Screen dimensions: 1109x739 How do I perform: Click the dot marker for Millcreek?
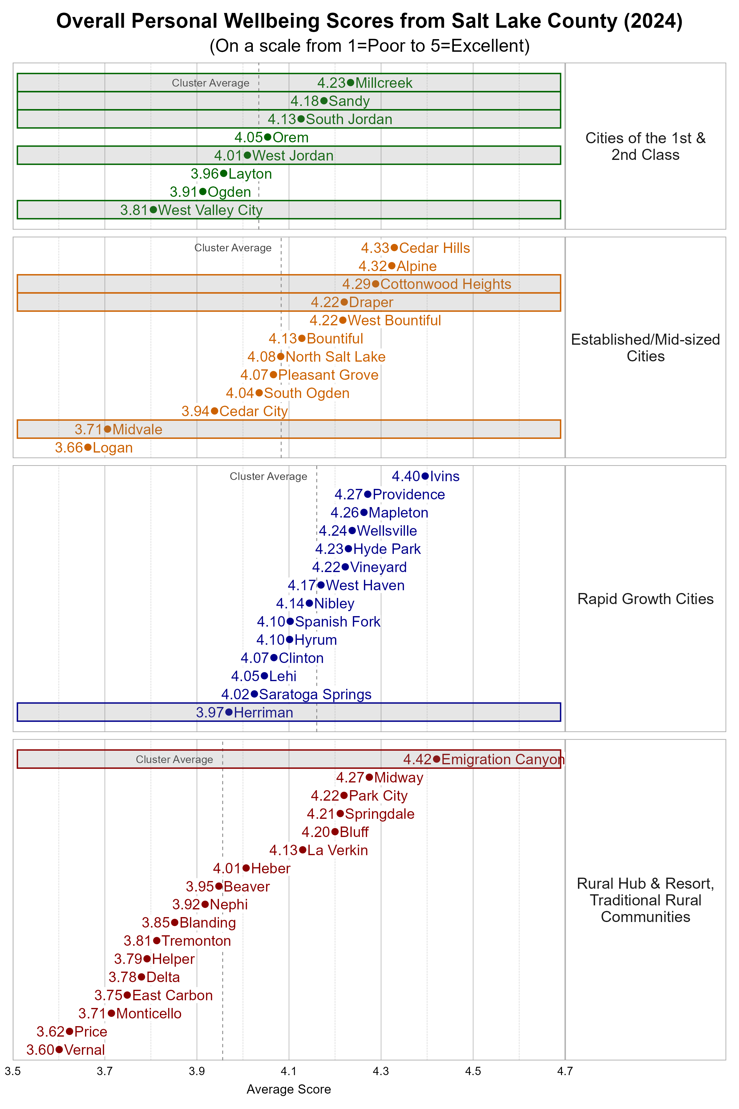350,83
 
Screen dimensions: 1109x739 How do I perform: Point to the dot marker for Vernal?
59,1049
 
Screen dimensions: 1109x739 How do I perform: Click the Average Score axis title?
289,1089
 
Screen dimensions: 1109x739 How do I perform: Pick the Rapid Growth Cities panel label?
645,599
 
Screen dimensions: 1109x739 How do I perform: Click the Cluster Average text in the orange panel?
233,248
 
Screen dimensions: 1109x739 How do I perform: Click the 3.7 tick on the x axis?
105,1071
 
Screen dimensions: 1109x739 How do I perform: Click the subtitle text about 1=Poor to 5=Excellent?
369,46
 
